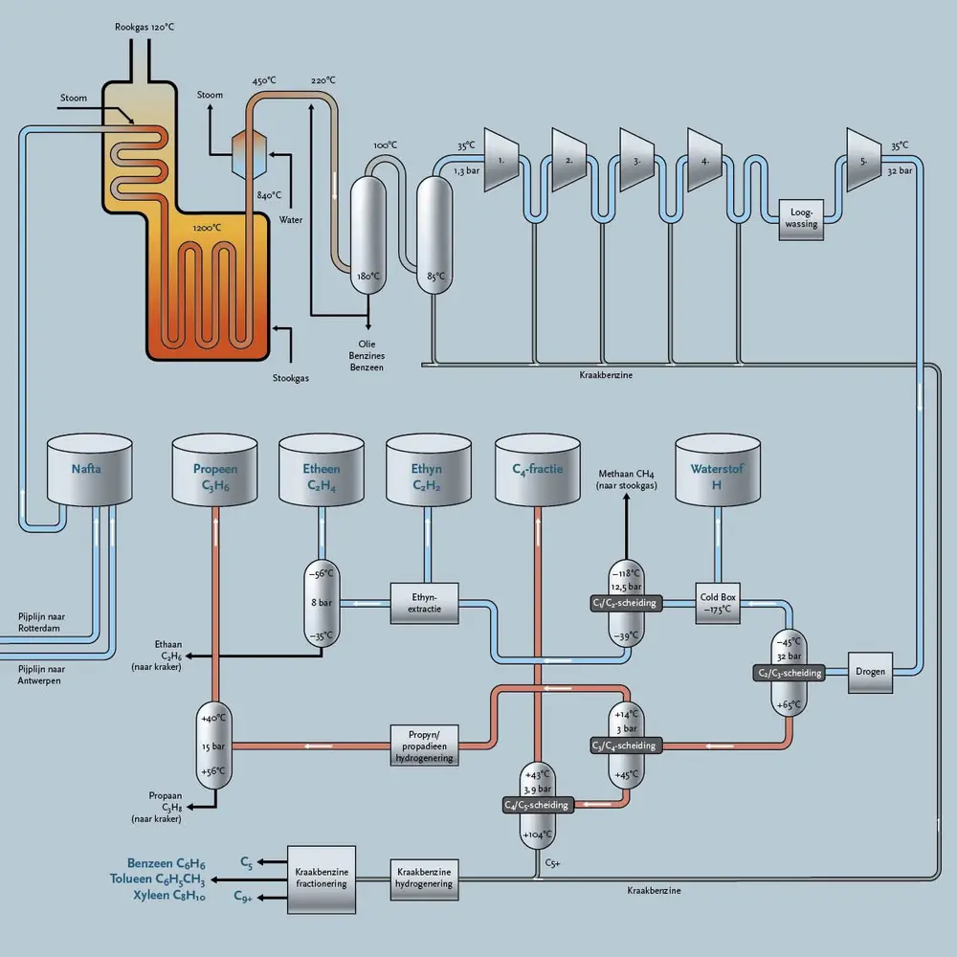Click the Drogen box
click(871, 672)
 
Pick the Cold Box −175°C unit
click(718, 603)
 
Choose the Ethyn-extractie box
click(424, 603)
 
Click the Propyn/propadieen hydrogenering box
click(424, 746)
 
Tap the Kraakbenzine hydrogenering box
click(424, 879)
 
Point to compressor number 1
click(501, 159)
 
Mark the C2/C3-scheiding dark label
click(789, 673)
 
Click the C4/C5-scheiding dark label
click(537, 805)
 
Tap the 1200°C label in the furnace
click(207, 228)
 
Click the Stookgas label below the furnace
click(290, 377)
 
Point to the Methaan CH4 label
click(627, 473)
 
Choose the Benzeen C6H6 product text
click(166, 863)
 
